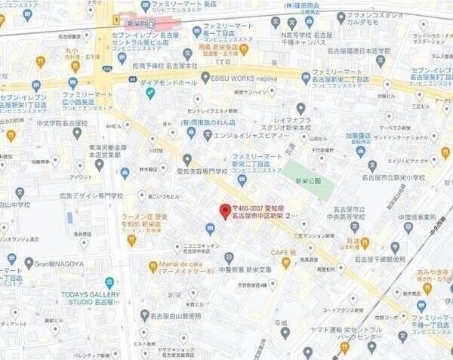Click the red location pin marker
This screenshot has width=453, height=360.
224,211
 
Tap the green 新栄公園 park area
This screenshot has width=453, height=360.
308,180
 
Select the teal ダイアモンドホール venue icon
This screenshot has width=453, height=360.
150,93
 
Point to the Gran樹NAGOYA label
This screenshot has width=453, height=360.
57,263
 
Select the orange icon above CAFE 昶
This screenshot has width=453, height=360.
285,263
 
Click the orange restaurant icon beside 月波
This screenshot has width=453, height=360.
365,242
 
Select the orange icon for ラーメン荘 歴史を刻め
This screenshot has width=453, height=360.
131,241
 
